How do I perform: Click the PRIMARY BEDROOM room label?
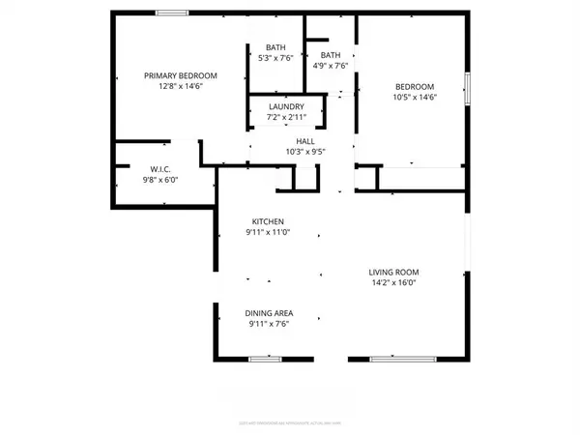180,75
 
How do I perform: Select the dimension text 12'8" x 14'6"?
180,86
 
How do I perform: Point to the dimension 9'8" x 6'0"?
160,179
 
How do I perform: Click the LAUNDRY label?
286,106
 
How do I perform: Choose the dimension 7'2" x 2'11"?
286,117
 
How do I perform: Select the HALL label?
305,140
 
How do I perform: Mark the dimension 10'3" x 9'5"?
305,151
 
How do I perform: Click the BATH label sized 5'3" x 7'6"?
275,47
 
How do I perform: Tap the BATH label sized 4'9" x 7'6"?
332,55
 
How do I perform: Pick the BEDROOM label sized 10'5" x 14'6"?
414,86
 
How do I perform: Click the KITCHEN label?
267,221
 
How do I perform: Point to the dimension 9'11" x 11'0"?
267,233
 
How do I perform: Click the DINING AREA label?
270,313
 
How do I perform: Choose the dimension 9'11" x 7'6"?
270,325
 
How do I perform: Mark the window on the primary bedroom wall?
172,13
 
